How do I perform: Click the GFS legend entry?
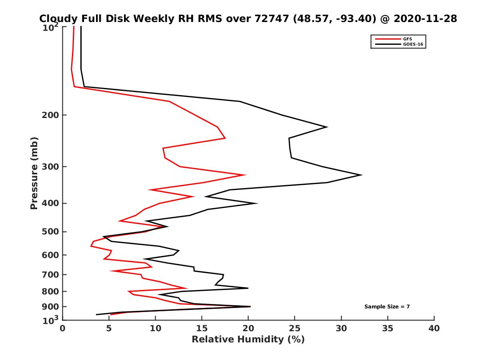pos(407,39)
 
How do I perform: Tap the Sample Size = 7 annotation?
pos(387,307)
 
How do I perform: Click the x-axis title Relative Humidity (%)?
pos(248,340)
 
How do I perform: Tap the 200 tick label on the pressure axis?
pos(50,115)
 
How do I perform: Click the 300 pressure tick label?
pos(50,166)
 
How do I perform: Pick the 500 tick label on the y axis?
pos(50,232)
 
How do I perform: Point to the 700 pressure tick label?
pos(50,274)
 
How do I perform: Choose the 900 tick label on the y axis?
pos(50,307)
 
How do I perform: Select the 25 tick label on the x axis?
pos(295,328)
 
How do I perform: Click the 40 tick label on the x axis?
pos(434,328)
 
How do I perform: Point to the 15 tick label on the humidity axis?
pos(202,328)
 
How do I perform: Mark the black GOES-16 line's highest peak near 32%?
pos(362,175)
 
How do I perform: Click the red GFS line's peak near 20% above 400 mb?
pos(245,175)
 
